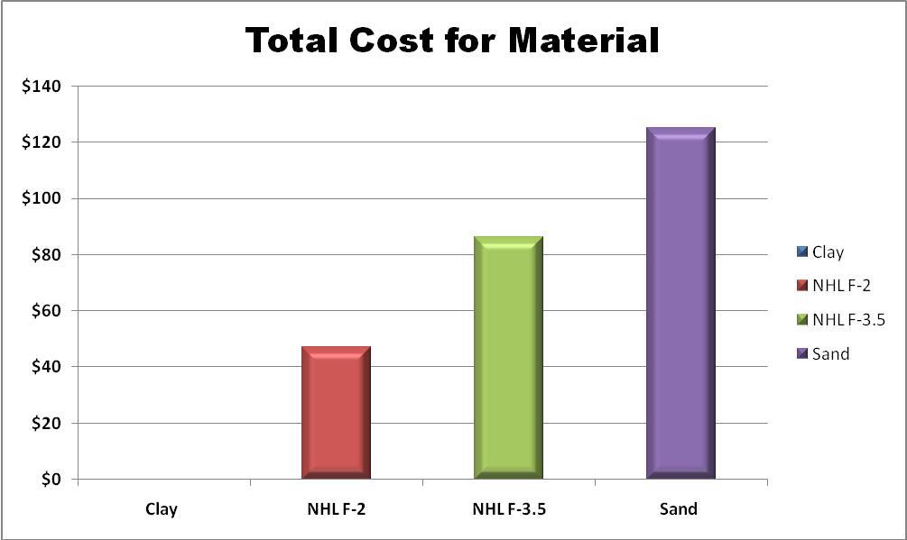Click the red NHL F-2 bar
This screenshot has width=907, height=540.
(x=336, y=412)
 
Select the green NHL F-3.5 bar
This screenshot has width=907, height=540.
(x=508, y=357)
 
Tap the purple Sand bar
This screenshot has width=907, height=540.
(x=680, y=303)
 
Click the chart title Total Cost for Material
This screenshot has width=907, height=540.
(x=452, y=41)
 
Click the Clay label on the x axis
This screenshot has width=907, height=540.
(x=162, y=509)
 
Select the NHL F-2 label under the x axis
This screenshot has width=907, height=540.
(x=336, y=509)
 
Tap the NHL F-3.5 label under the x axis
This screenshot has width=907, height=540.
(x=509, y=509)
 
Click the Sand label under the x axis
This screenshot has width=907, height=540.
(x=679, y=509)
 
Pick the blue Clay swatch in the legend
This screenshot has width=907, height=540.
(x=801, y=252)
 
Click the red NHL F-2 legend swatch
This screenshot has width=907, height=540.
(x=801, y=286)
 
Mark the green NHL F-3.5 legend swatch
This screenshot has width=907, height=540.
(x=801, y=320)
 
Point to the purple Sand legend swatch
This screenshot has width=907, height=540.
(x=801, y=353)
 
